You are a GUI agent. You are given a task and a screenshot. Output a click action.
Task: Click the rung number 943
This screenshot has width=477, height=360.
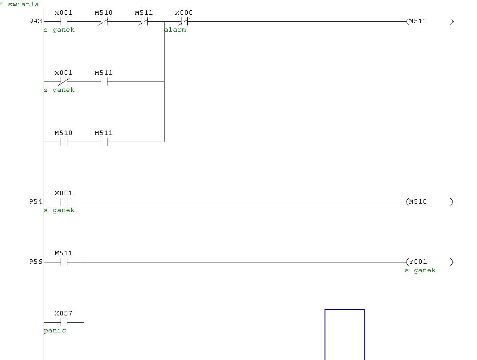pos(36,21)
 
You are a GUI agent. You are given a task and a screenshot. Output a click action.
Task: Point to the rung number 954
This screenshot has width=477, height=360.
pos(36,201)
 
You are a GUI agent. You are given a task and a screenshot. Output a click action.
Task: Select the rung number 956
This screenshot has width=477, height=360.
pos(36,262)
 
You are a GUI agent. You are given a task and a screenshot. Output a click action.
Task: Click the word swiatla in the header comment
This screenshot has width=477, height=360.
pos(24,4)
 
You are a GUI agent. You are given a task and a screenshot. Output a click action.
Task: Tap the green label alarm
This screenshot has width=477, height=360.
pos(175,29)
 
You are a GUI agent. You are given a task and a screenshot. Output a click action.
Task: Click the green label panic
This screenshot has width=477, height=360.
pos(55,330)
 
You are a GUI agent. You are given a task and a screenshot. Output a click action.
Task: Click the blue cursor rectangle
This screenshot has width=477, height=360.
pos(325,335)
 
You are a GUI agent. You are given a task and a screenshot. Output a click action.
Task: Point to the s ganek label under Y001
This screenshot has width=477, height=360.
pos(420,270)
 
